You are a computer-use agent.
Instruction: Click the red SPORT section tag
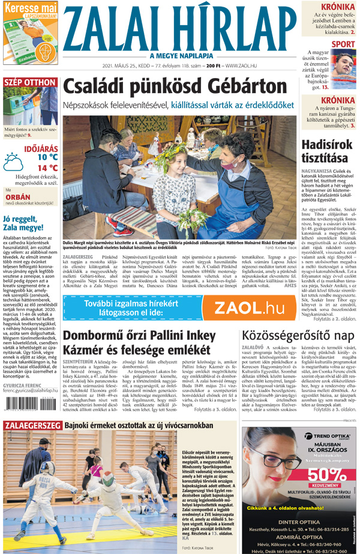[x=343, y=44]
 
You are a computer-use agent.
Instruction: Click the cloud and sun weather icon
[x=13, y=162]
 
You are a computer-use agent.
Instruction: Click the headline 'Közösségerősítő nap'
[x=296, y=335]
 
